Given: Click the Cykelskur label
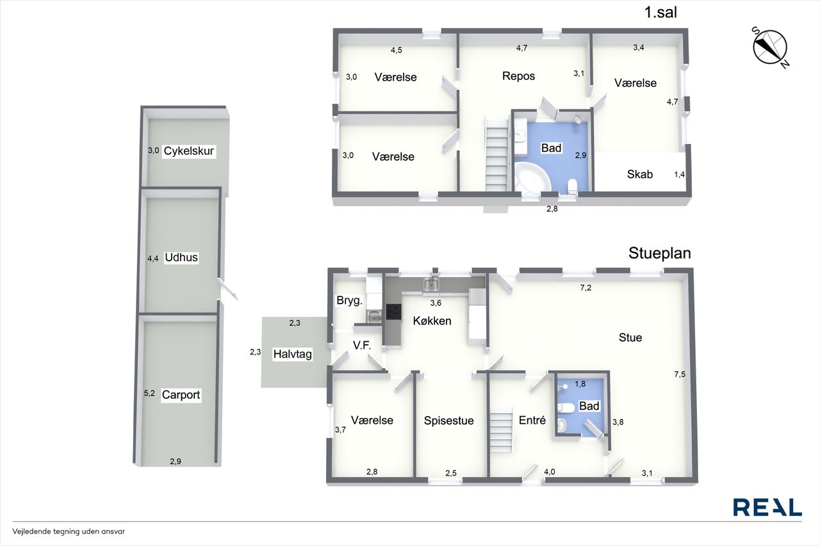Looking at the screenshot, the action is pos(188,150).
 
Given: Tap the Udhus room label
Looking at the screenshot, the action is pos(181,257).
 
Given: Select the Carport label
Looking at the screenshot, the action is pos(181,395).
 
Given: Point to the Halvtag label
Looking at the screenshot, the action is pos(293,354).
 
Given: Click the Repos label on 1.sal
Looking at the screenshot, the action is pos(518,76).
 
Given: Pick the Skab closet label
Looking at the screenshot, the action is pos(639,174).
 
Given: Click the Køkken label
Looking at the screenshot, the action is pos(432,321).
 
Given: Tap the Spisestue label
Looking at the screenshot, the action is pos(449,421).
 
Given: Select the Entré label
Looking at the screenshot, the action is pos(532,420).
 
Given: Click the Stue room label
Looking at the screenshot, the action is pos(630,337).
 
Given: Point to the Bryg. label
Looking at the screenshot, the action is pos(350,301).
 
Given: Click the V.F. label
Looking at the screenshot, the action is pos(362,345).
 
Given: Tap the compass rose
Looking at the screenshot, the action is pos(770,47).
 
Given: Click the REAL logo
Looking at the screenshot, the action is pos(767,507).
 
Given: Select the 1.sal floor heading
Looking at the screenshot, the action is pos(660,12).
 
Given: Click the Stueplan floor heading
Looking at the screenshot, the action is pos(660,253).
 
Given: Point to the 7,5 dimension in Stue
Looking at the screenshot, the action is pos(680,374).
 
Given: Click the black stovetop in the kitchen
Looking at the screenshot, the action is pos(393,312).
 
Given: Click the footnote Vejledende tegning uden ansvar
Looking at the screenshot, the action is pos(69,531).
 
